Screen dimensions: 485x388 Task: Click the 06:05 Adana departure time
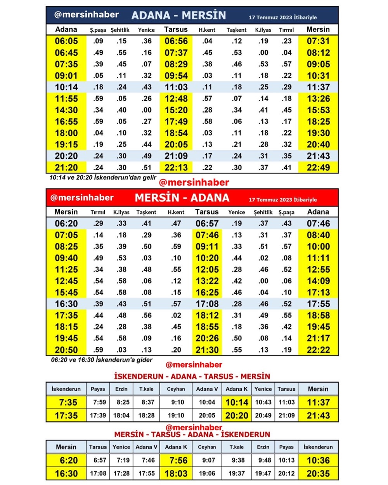pyautogui.click(x=66, y=41)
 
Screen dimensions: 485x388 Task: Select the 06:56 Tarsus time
pyautogui.click(x=176, y=41)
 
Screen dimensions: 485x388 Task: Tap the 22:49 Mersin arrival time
pyautogui.click(x=318, y=168)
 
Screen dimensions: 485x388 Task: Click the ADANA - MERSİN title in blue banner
pyautogui.click(x=178, y=16)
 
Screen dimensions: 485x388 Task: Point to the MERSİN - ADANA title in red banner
pyautogui.click(x=182, y=198)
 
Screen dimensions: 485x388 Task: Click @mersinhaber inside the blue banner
pyautogui.click(x=87, y=15)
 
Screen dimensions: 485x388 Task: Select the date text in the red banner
pyautogui.click(x=282, y=200)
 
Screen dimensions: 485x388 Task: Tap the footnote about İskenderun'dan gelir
pyautogui.click(x=103, y=177)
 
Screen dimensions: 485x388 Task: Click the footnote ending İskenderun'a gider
pyautogui.click(x=102, y=360)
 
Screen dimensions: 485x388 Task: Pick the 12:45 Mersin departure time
pyautogui.click(x=66, y=281)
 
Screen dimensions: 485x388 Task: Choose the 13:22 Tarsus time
pyautogui.click(x=207, y=281)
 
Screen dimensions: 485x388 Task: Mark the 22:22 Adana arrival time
pyautogui.click(x=318, y=350)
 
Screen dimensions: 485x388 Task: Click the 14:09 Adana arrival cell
pyautogui.click(x=318, y=281)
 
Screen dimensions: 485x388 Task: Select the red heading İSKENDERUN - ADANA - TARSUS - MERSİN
pyautogui.click(x=192, y=376)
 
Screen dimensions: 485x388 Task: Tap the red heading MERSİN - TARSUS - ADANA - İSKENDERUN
pyautogui.click(x=192, y=435)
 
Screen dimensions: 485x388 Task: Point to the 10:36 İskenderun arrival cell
pyautogui.click(x=318, y=461)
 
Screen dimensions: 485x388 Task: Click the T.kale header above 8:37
pyautogui.click(x=146, y=389)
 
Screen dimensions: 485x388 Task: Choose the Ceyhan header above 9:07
pyautogui.click(x=207, y=447)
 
